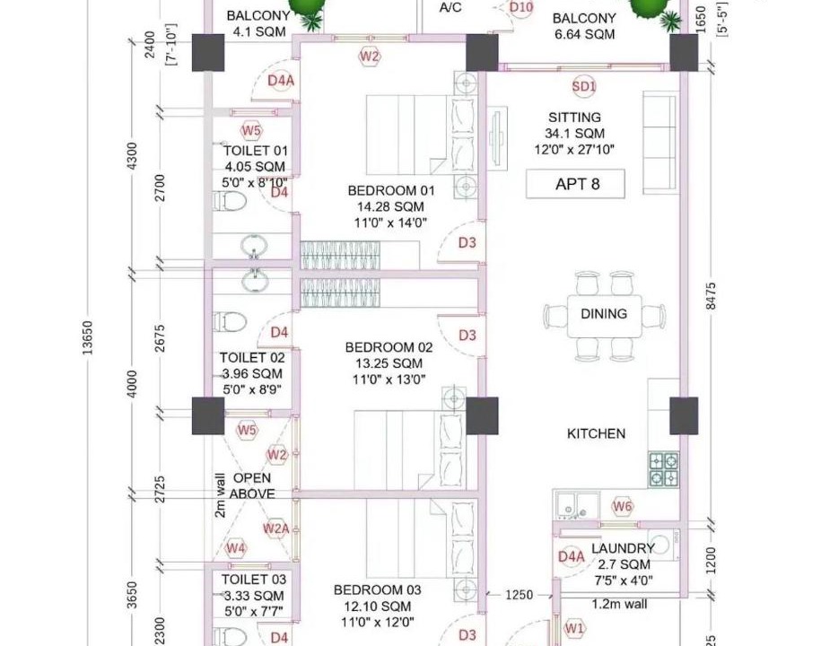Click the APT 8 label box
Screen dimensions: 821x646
pyautogui.click(x=575, y=184)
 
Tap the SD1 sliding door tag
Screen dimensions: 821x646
pyautogui.click(x=584, y=86)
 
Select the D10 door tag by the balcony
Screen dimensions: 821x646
pyautogui.click(x=521, y=8)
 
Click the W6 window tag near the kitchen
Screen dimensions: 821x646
pyautogui.click(x=622, y=506)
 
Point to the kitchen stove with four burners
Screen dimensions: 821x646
pyautogui.click(x=664, y=469)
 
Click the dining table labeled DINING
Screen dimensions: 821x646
pyautogui.click(x=604, y=316)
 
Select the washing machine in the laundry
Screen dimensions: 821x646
pyautogui.click(x=663, y=545)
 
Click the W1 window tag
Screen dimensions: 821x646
pyautogui.click(x=574, y=628)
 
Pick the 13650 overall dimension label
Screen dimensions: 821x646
pyautogui.click(x=87, y=337)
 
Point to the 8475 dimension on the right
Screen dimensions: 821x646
pyautogui.click(x=711, y=296)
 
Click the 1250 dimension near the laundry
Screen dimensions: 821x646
pyautogui.click(x=519, y=595)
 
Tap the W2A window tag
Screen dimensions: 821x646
pyautogui.click(x=276, y=528)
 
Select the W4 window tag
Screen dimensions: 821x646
pyautogui.click(x=235, y=548)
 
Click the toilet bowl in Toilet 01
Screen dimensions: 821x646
pyautogui.click(x=230, y=201)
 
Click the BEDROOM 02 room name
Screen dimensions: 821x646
pyautogui.click(x=389, y=347)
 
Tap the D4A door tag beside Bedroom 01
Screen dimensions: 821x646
pyautogui.click(x=281, y=81)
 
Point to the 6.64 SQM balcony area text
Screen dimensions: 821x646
pyautogui.click(x=584, y=35)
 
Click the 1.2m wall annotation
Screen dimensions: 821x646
pyautogui.click(x=619, y=604)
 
